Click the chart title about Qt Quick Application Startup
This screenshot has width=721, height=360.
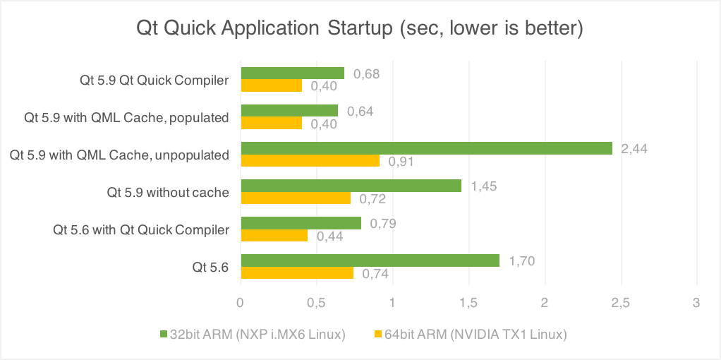click(x=360, y=29)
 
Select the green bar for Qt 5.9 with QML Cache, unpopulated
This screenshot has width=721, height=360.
click(x=426, y=148)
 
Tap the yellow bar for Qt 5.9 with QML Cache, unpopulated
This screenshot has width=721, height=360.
click(x=310, y=161)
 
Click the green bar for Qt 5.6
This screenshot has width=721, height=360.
click(x=370, y=261)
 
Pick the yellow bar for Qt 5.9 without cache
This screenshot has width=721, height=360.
click(x=296, y=198)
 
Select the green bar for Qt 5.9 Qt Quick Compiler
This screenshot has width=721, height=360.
click(x=292, y=73)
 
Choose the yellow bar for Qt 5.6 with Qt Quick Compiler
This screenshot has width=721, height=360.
click(x=274, y=236)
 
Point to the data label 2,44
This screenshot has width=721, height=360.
click(x=634, y=149)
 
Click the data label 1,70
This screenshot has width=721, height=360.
click(x=521, y=261)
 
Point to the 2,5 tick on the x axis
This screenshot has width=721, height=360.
click(x=620, y=303)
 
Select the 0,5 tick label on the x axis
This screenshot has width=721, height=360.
click(x=317, y=303)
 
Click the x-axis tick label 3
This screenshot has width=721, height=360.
click(x=696, y=303)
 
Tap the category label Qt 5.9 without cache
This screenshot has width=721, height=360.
click(x=168, y=192)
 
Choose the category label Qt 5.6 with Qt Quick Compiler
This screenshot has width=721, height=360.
click(x=141, y=229)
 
